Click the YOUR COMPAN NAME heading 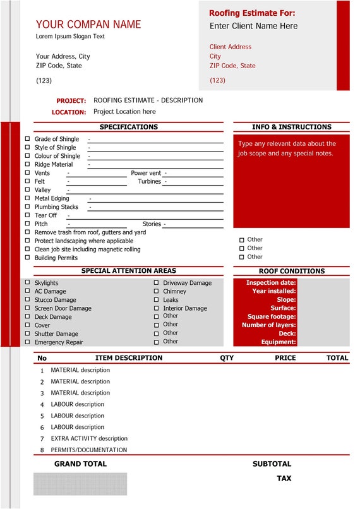[x=88, y=25]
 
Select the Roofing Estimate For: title [x=252, y=13]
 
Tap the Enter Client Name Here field [x=253, y=26]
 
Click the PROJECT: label [x=71, y=101]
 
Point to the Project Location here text [x=124, y=112]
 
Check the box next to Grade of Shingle [x=27, y=139]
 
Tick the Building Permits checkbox [x=27, y=258]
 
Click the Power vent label [x=146, y=173]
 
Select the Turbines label [x=149, y=181]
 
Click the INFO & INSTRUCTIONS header [x=291, y=127]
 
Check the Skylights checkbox [x=27, y=283]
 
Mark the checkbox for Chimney [x=156, y=292]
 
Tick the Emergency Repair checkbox [x=27, y=342]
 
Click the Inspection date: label [x=270, y=283]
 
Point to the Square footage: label [x=272, y=316]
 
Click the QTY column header [x=227, y=358]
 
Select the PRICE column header [x=285, y=358]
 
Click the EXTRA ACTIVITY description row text [x=89, y=438]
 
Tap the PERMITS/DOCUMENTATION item [x=88, y=450]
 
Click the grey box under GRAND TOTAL [x=80, y=484]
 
